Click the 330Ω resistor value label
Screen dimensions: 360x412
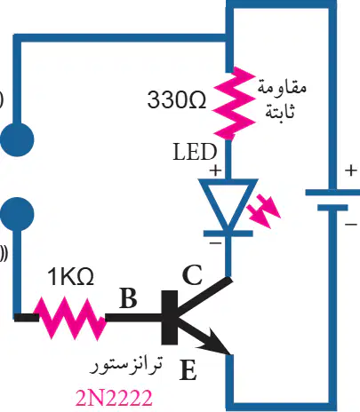[177, 99]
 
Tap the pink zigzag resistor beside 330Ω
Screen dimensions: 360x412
[234, 103]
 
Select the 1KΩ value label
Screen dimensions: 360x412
[70, 276]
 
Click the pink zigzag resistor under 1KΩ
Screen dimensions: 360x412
[70, 319]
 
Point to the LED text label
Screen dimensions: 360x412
[195, 152]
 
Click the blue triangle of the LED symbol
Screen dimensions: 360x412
[228, 202]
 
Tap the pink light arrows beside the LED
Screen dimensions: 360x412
[263, 211]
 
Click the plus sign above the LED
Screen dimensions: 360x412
[215, 170]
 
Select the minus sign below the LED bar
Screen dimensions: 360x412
[215, 243]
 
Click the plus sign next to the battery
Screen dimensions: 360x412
[351, 170]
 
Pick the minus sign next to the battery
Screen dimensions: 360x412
[351, 225]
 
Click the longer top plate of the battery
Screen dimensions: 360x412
[332, 193]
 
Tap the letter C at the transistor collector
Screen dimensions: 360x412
[192, 275]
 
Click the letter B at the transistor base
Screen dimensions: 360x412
[128, 297]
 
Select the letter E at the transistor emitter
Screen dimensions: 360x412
[188, 369]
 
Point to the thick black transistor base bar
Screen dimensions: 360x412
[170, 318]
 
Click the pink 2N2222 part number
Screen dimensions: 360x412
[114, 398]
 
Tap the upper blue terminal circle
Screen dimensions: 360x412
[17, 139]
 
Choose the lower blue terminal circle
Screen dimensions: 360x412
[17, 214]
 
